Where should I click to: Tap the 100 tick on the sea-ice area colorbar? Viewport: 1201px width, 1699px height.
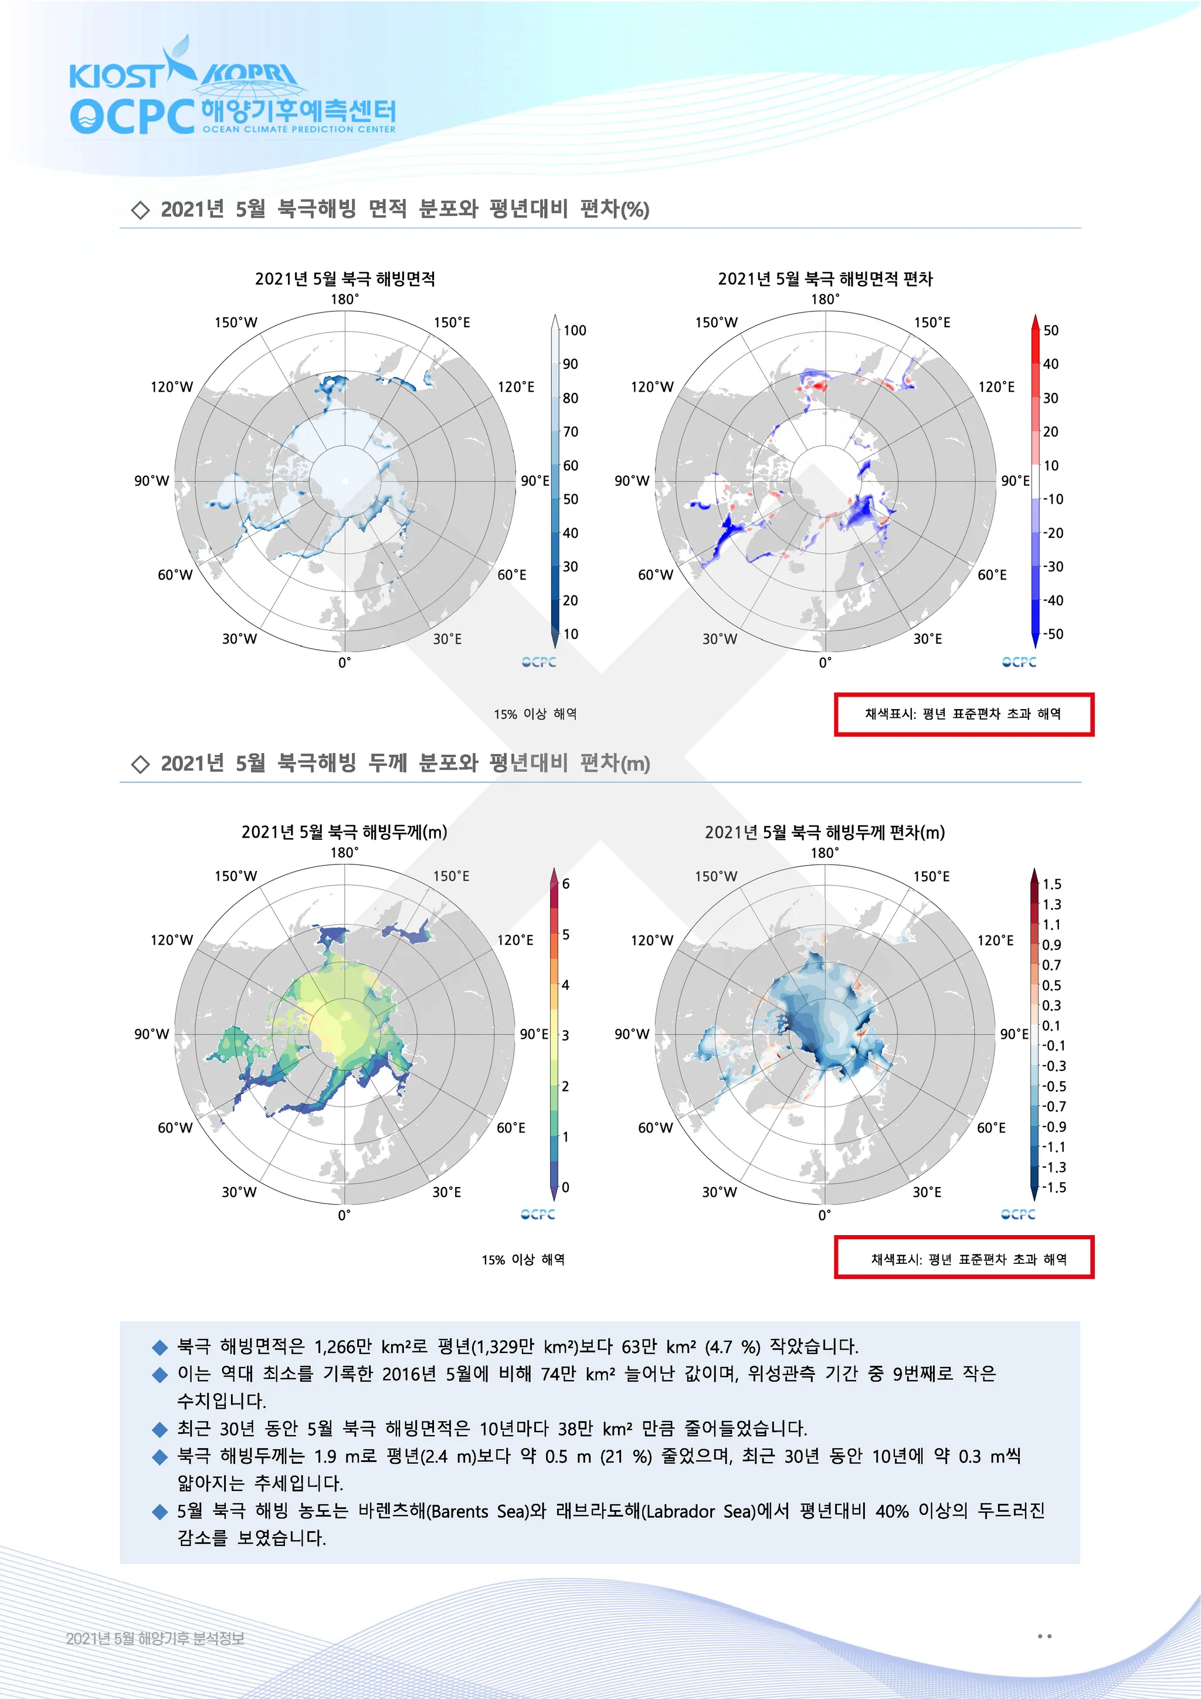coord(574,330)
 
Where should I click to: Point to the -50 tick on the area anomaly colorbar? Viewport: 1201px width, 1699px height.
coord(1053,634)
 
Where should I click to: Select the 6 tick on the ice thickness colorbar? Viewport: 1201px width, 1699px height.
coord(566,884)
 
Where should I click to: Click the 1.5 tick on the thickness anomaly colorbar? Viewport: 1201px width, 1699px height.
coord(1051,884)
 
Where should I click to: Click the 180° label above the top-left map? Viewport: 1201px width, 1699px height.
coord(345,299)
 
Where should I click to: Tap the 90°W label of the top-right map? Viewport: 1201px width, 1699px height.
coord(632,481)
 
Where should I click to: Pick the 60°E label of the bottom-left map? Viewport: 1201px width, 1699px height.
coord(511,1128)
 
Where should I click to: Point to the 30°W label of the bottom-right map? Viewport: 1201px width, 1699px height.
coord(720,1192)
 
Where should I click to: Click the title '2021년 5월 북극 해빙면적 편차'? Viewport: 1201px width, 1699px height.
coord(825,279)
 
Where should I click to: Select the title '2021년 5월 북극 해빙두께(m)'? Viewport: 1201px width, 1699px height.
coord(344,832)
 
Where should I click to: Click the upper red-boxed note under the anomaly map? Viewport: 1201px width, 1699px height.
coord(963,714)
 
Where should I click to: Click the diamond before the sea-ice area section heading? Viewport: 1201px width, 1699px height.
coord(140,210)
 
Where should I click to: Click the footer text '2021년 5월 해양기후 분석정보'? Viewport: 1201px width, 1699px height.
coord(155,1639)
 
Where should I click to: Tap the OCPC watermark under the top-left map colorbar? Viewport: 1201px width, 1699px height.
coord(539,662)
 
